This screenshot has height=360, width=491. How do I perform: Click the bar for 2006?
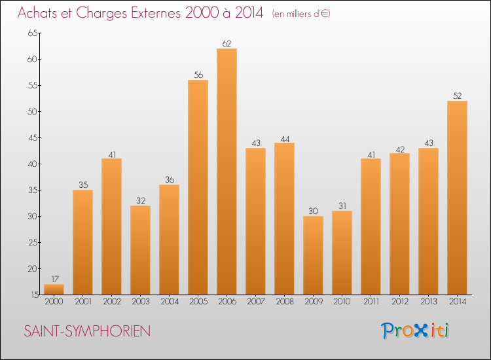coord(227,171)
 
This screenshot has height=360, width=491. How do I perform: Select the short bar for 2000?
coord(54,289)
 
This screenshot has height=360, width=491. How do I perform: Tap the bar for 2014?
coord(457,198)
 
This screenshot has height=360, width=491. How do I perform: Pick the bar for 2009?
coord(313,255)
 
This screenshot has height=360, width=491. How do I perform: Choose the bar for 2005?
coord(198,187)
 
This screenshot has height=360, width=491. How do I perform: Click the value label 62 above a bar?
coord(227,44)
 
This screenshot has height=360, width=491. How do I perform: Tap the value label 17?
coord(54,279)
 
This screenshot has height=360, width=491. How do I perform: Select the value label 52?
coord(457,96)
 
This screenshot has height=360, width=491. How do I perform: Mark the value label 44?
coord(284,138)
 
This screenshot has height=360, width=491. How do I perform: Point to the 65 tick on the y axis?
coord(32,33)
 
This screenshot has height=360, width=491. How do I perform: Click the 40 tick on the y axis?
coord(32,164)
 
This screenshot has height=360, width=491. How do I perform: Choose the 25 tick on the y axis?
coord(32,243)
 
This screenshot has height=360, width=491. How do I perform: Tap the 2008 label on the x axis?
coord(284,302)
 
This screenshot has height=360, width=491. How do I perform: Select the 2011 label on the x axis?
coord(371,302)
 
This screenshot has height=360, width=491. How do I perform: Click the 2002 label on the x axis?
coord(111,302)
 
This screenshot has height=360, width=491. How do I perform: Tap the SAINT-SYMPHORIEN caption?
coord(87,332)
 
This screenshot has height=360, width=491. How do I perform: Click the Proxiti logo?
coord(416,331)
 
